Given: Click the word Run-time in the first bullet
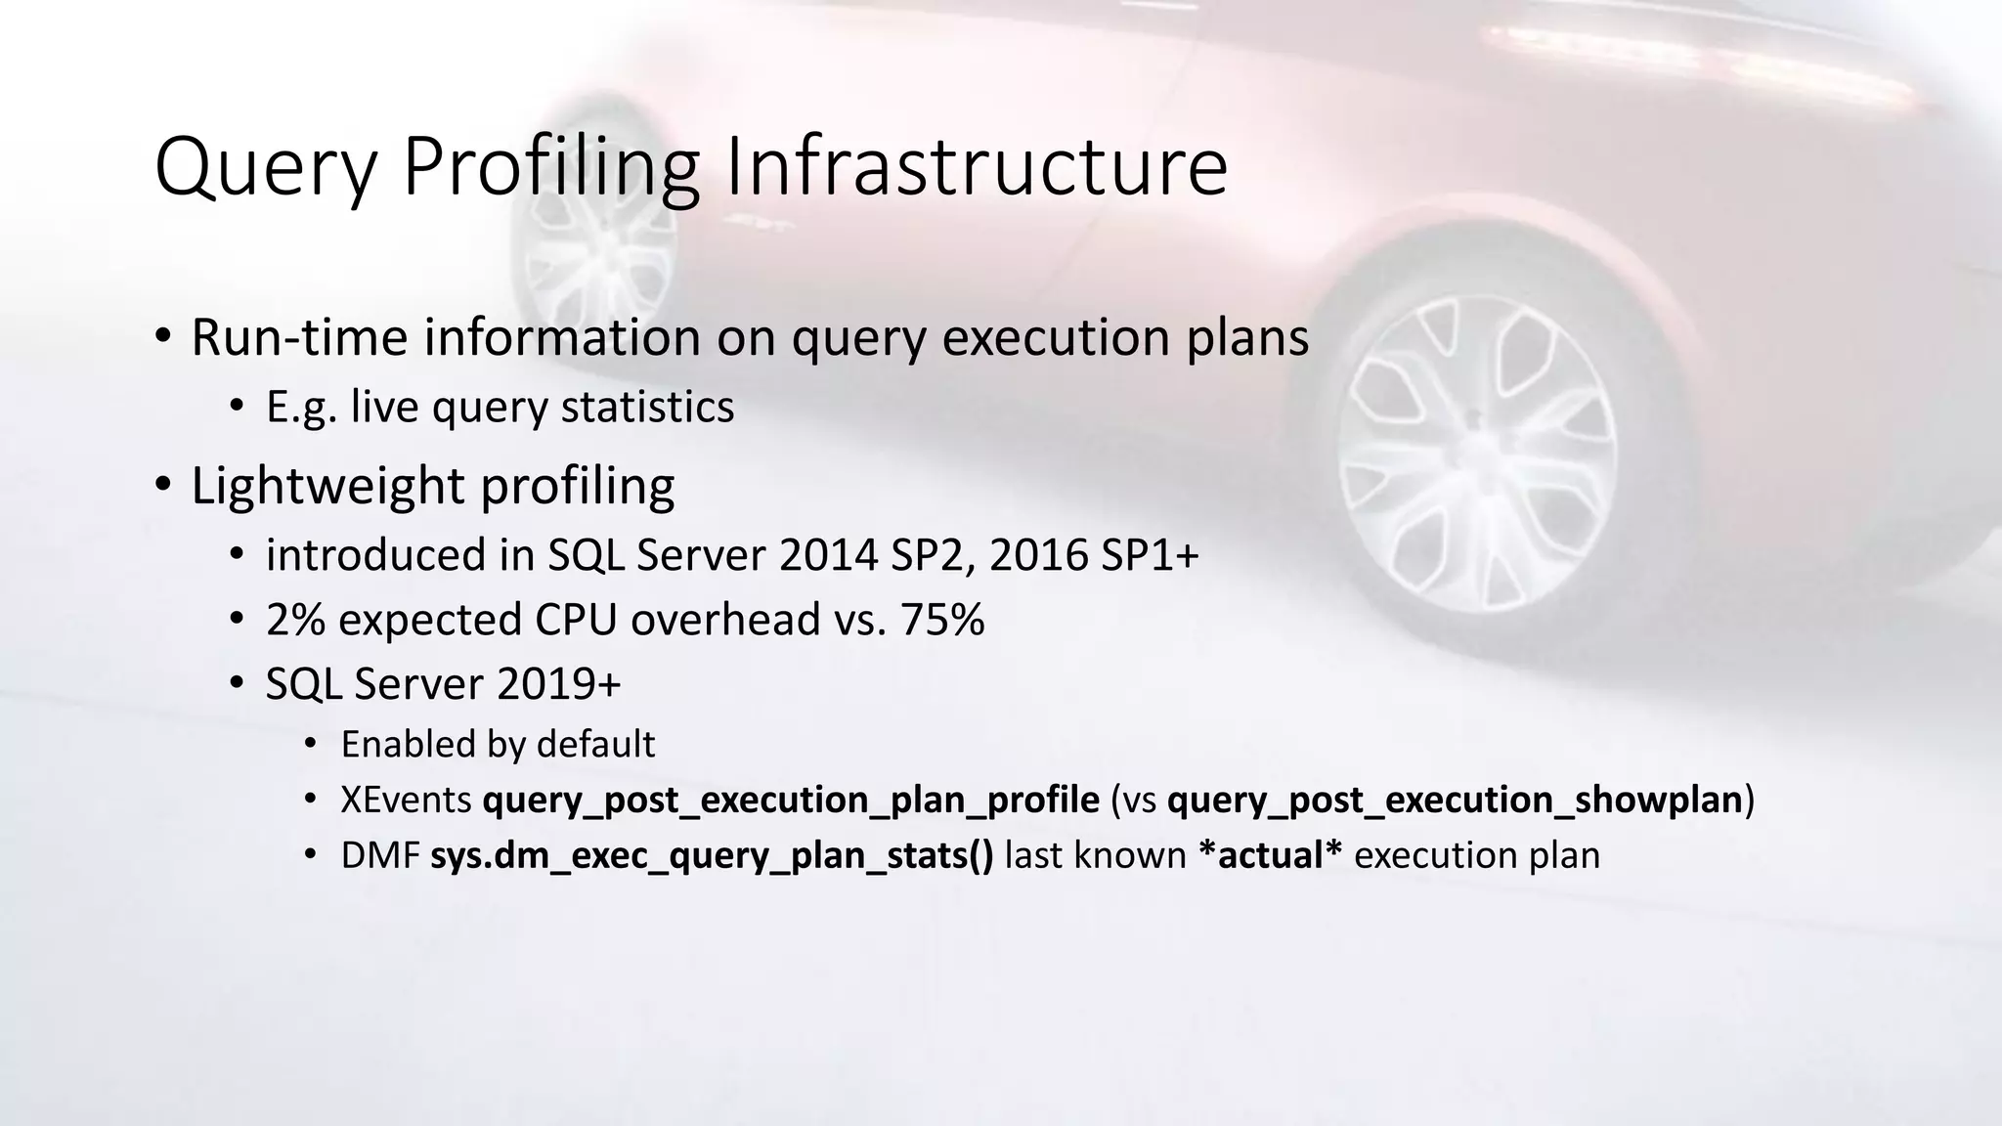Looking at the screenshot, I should pyautogui.click(x=298, y=337).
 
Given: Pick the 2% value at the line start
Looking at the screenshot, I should pyautogui.click(x=295, y=620).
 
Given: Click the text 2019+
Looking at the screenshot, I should pyautogui.click(x=558, y=684).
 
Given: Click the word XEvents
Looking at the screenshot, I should pyautogui.click(x=406, y=801).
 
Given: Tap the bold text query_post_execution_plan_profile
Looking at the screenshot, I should pyautogui.click(x=791, y=801).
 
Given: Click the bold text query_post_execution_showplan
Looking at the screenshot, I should pyautogui.click(x=1456, y=801).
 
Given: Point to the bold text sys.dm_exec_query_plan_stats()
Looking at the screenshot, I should pyautogui.click(x=712, y=856).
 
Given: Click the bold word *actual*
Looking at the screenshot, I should pyautogui.click(x=1270, y=856).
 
